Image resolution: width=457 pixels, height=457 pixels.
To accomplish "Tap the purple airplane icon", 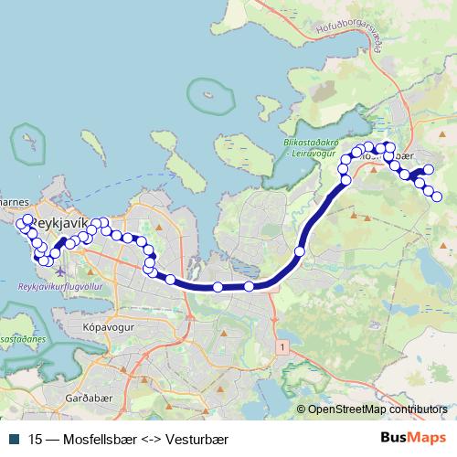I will coord(60,271).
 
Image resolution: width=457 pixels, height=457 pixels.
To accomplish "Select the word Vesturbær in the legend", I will coord(189,439).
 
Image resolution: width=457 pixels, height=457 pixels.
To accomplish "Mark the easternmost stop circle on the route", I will coord(437,197).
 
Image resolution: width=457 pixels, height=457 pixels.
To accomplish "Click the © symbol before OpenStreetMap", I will coord(300,409).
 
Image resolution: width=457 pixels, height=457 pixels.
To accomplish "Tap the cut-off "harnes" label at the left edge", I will coord(16,203).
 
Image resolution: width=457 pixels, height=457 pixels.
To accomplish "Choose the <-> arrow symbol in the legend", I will coord(144,439).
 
